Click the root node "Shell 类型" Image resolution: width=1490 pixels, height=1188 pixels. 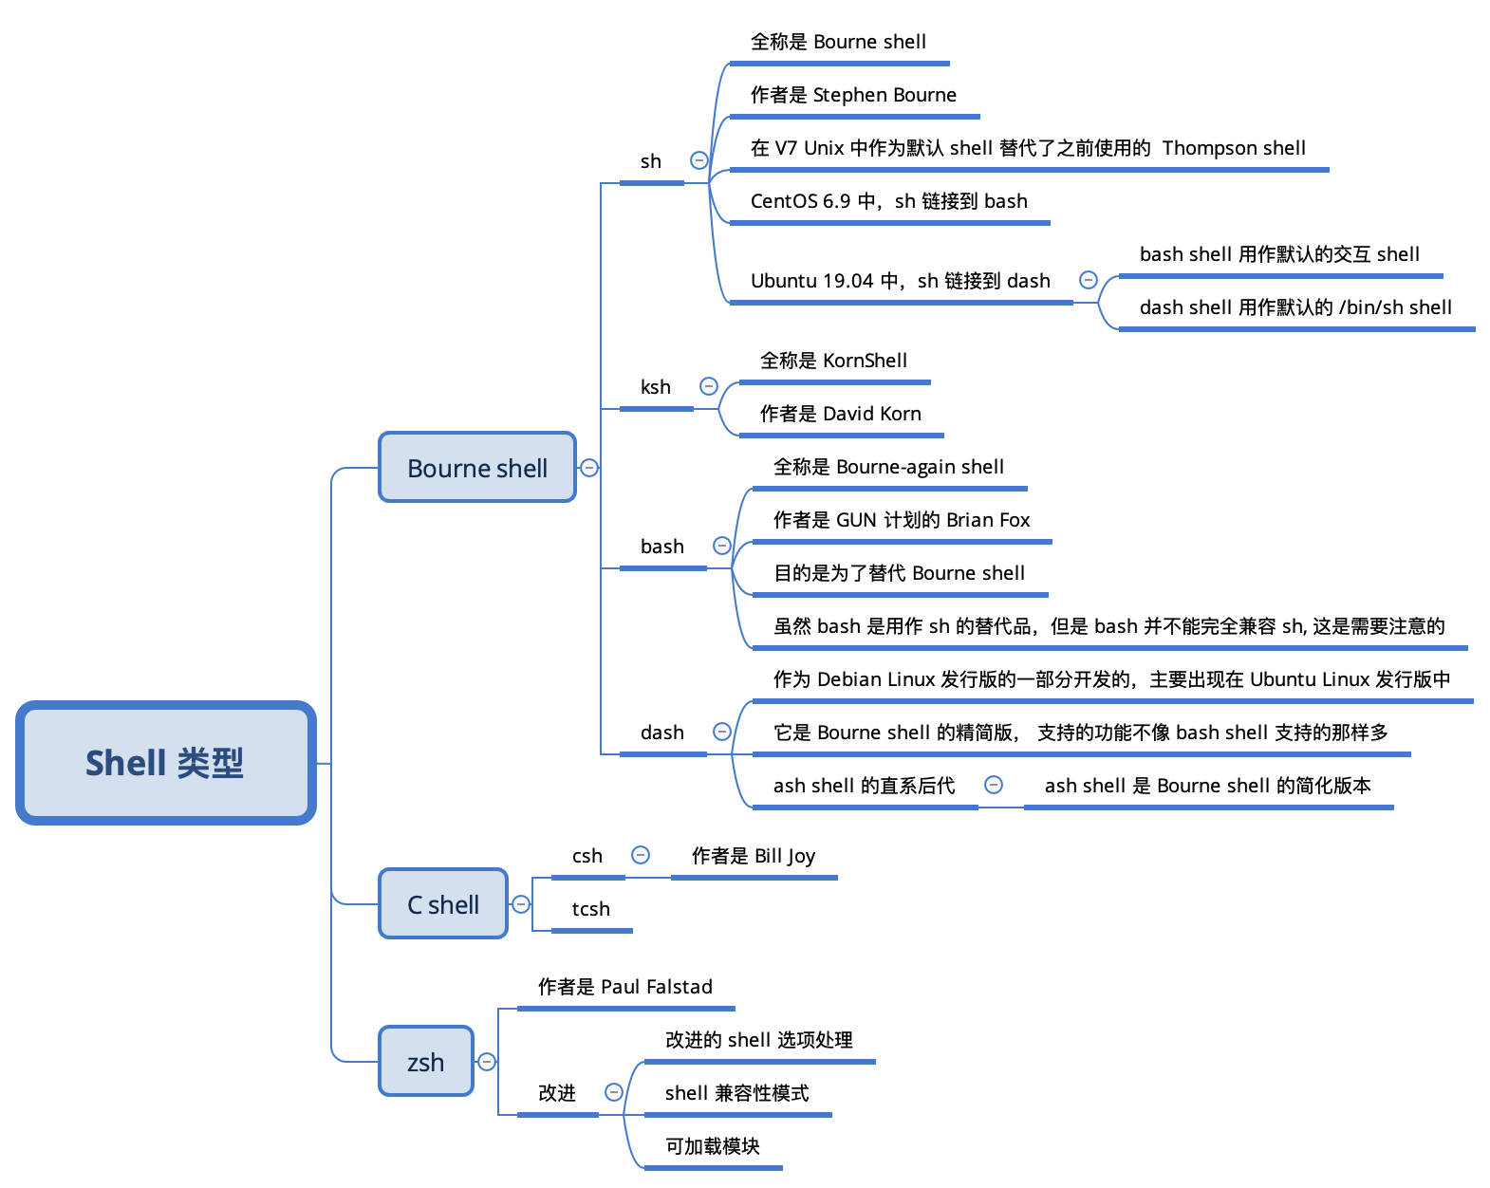coord(165,762)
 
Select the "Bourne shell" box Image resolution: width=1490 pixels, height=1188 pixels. coord(477,467)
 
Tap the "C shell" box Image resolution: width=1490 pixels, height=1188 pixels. coord(443,903)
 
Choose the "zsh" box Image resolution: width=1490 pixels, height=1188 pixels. coord(426,1061)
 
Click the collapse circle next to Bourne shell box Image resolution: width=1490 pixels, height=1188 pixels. coord(589,467)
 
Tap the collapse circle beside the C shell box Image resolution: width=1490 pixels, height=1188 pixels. coord(521,903)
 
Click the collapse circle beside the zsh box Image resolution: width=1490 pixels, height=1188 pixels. coord(487,1061)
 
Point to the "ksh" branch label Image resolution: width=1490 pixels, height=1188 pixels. coord(655,386)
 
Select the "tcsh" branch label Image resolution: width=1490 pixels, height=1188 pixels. coord(590,908)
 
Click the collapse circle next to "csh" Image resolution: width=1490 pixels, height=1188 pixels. coord(641,854)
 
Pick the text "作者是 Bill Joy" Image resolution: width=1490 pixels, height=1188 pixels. coord(754,856)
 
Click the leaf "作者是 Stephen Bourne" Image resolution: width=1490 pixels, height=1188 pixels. coord(853,94)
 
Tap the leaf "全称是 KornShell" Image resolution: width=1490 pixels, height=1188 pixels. coord(833,360)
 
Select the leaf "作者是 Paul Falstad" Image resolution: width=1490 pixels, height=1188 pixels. coord(625,986)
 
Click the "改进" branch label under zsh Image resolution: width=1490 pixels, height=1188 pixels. coord(557,1092)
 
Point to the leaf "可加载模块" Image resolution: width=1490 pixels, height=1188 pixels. coord(713,1145)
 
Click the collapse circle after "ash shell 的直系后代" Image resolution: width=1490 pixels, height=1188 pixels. coord(994,785)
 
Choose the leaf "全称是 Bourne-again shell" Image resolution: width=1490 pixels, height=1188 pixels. coord(888,467)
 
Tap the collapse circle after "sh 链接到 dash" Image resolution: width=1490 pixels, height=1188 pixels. coord(1089,280)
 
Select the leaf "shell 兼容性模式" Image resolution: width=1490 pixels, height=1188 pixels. coord(736,1092)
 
